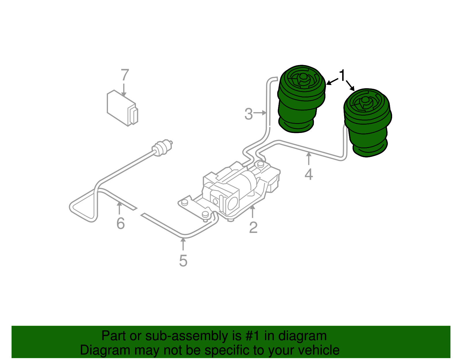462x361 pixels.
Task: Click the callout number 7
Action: click(124, 75)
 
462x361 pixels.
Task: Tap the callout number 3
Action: click(248, 114)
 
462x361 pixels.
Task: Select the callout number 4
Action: click(309, 174)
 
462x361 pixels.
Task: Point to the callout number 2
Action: click(253, 227)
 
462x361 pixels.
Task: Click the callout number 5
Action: click(183, 261)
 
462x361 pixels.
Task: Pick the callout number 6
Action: click(120, 223)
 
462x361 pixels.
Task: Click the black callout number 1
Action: click(342, 76)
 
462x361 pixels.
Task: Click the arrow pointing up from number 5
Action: click(183, 244)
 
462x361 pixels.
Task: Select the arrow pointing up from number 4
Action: click(309, 159)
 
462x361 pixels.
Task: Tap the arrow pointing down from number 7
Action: click(124, 90)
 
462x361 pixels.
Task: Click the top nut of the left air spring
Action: click(303, 77)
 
